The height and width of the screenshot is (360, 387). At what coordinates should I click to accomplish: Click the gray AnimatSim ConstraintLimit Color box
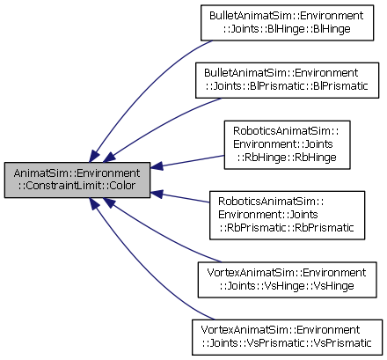(x=77, y=180)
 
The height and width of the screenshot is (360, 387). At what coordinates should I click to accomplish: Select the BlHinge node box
(x=287, y=23)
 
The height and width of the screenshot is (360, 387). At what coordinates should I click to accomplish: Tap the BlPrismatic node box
(x=287, y=80)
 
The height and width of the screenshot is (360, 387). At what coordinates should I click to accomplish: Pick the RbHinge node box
(x=287, y=144)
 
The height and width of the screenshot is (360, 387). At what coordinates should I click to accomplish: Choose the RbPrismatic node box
(x=287, y=216)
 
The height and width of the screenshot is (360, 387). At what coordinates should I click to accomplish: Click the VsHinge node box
(x=287, y=280)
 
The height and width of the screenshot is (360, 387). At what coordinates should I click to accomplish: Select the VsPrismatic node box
(x=287, y=337)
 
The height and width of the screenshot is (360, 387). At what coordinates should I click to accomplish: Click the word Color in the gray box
(x=122, y=186)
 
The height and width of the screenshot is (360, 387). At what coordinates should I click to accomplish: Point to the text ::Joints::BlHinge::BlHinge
(x=287, y=29)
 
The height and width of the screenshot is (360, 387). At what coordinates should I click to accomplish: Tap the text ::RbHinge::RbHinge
(x=287, y=158)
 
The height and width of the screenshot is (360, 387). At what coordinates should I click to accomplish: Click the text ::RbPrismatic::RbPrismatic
(x=287, y=228)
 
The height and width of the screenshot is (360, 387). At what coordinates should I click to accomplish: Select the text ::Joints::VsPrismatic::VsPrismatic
(x=287, y=343)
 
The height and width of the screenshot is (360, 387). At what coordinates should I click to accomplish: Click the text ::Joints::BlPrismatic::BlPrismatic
(x=287, y=86)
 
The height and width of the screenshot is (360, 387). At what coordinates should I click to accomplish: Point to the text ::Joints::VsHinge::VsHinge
(x=287, y=286)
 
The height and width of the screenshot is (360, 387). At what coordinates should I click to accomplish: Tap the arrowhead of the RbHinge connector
(x=157, y=166)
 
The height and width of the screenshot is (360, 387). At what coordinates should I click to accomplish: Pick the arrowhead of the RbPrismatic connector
(x=157, y=194)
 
